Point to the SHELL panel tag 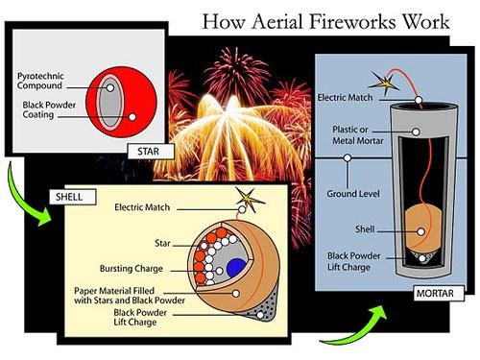68,198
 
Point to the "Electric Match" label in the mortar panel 346,98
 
